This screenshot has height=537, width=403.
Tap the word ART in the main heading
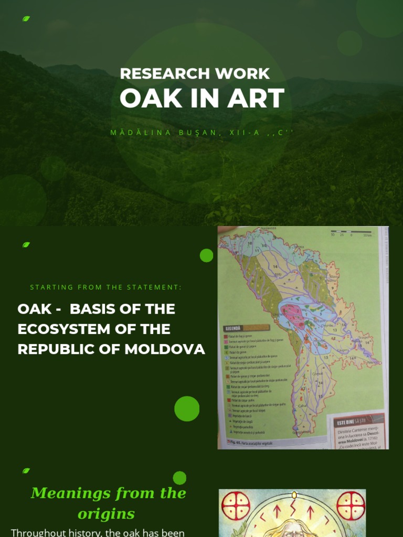tap(259, 99)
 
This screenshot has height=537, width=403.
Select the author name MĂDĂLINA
tap(141, 133)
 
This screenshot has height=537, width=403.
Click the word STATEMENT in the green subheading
tap(155, 287)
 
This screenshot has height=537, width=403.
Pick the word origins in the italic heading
tap(107, 514)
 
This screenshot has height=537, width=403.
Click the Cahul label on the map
tap(302, 405)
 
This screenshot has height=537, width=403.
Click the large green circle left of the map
tap(187, 409)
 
